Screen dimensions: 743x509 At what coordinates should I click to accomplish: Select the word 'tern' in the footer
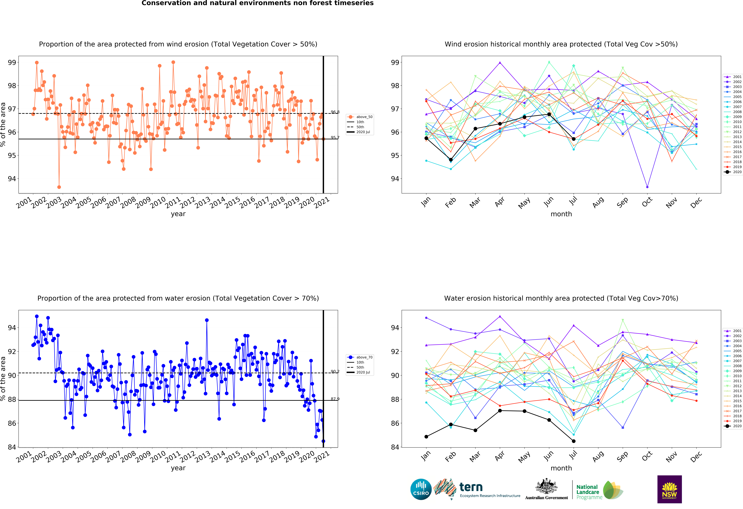(x=471, y=487)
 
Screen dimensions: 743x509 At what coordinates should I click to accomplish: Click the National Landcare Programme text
(x=589, y=492)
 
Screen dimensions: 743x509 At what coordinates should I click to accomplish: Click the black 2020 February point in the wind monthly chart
(x=451, y=160)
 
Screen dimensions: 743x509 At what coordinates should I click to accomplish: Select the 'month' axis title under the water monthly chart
(x=561, y=468)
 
